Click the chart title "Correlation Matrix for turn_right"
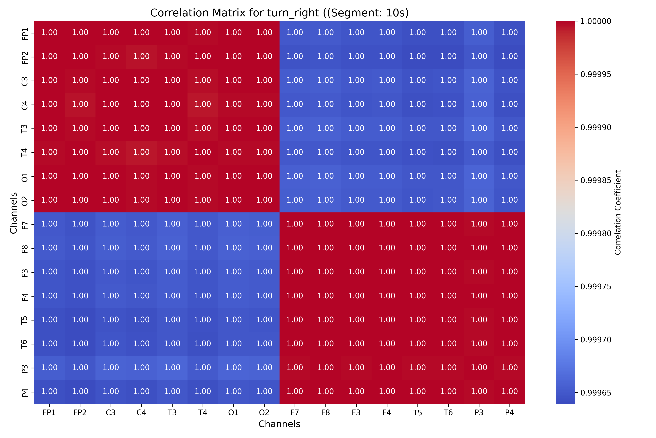coord(279,13)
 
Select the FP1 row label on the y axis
coord(25,33)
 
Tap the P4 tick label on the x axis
coord(509,413)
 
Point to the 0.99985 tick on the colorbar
coord(596,180)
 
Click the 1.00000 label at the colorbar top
coord(596,21)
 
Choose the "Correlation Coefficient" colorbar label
coord(618,212)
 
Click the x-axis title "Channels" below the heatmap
coord(279,424)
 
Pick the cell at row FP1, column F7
coord(295,33)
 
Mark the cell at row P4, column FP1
coord(49,392)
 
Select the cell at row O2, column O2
coord(264,200)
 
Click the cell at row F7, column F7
coord(295,224)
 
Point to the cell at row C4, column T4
coord(203,104)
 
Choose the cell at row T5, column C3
coord(111,320)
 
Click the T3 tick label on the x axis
coord(172,413)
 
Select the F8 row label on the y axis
coord(25,249)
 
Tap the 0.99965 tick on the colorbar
coord(596,393)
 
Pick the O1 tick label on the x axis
coord(233,413)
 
